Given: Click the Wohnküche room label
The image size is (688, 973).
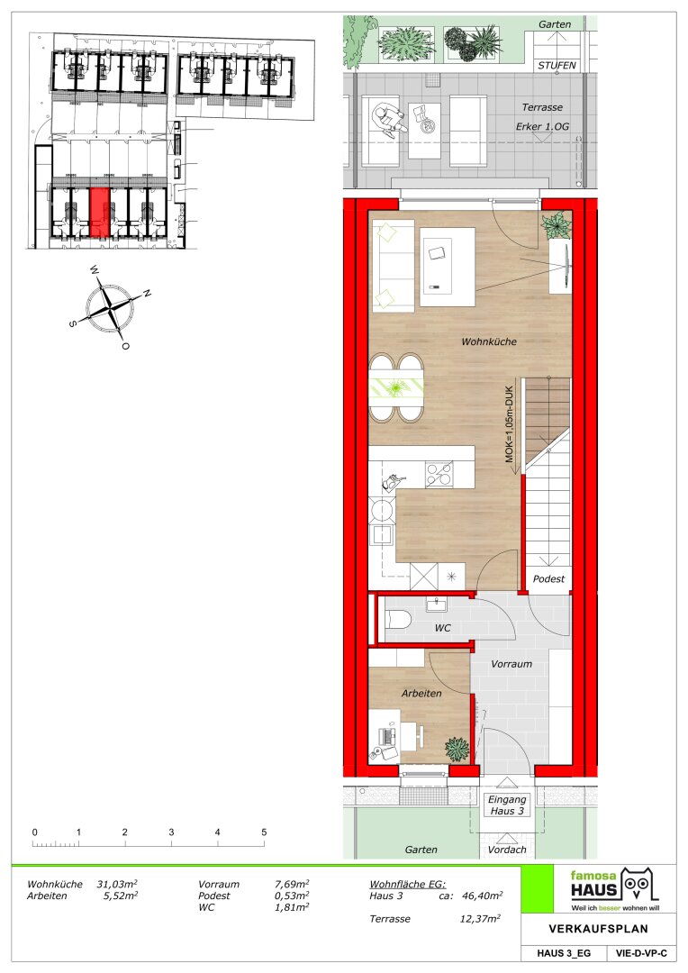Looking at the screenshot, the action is pos(489,341).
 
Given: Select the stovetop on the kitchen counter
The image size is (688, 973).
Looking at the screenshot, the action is pos(439,474).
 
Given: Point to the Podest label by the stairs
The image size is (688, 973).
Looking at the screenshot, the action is pos(548,579).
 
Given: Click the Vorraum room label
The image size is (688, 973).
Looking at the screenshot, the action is pos(511,664).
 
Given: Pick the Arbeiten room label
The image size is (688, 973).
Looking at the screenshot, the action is pos(421,693).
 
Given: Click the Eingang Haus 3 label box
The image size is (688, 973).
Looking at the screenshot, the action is pos(507,805).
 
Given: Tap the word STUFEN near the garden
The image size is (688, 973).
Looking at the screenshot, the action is pos(557,65).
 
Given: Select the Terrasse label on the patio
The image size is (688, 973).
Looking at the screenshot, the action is pos(542,107).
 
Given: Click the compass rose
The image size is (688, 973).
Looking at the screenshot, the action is pos(110,306).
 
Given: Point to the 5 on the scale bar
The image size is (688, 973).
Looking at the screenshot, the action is pos(264,832).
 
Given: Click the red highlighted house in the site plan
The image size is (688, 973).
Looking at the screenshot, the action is pos(100,213).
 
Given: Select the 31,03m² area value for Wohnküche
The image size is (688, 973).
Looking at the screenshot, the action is pos(117,885).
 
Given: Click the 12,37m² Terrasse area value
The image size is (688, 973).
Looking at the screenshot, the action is pos(480,919).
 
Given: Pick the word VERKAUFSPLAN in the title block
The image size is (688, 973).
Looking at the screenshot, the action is pos(598,929).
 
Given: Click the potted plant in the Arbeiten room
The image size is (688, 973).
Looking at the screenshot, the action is pos(457,749).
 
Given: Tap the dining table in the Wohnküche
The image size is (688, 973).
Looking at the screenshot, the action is pos(397,387).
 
